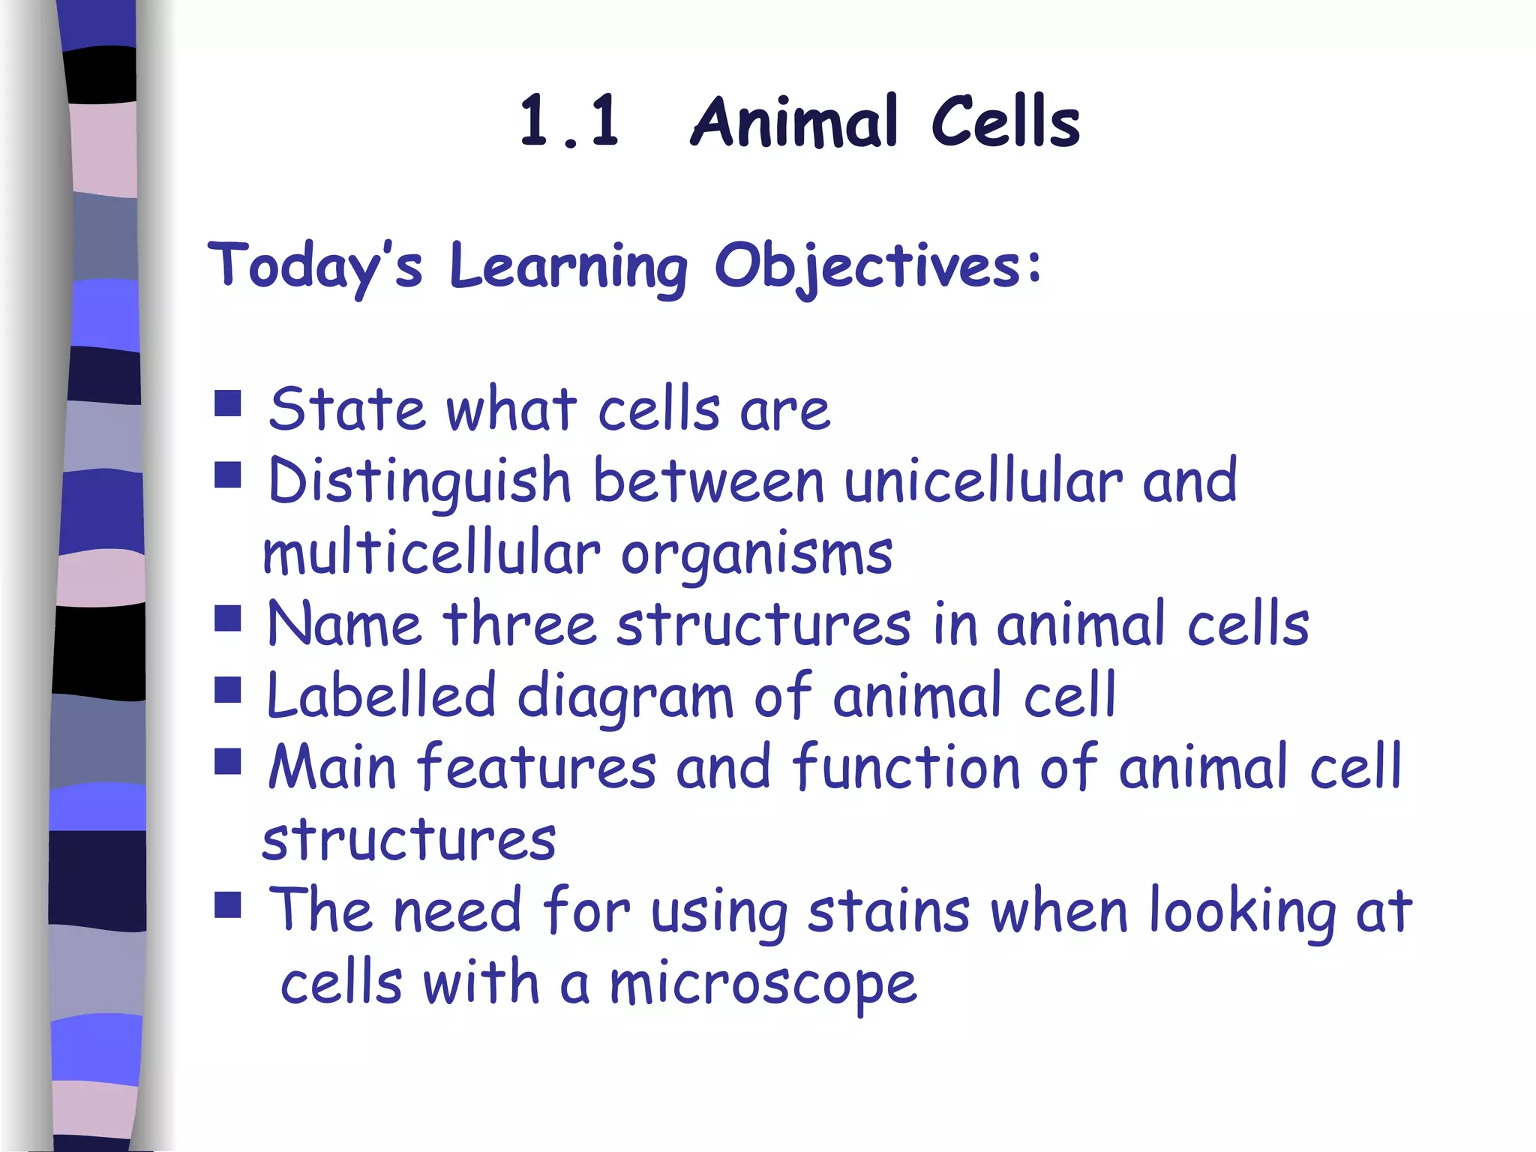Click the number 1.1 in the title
(570, 121)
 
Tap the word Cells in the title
(1005, 121)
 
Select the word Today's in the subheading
(315, 266)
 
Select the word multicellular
(431, 553)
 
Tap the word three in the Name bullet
(519, 624)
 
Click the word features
(536, 766)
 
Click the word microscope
(763, 984)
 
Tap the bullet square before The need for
(227, 904)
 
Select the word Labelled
(381, 695)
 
